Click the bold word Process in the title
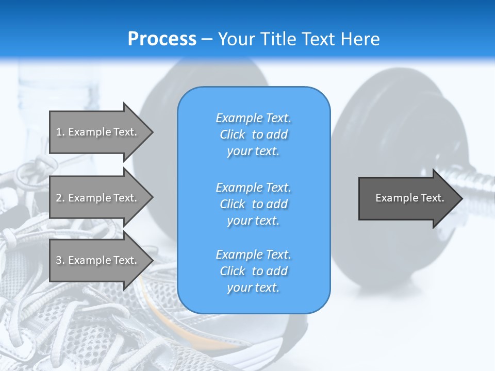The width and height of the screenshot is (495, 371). tap(162, 39)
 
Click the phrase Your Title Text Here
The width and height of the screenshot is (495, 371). tap(299, 39)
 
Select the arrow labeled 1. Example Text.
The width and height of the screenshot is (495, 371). tap(98, 132)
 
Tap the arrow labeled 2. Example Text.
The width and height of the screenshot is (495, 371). tap(98, 198)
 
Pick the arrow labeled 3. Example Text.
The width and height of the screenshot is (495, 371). tap(98, 260)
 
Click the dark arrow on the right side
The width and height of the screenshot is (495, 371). tap(407, 198)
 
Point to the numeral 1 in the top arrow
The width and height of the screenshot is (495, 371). tap(58, 132)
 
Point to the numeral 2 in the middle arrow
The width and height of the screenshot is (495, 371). tap(59, 198)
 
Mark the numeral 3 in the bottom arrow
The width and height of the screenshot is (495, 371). tap(59, 260)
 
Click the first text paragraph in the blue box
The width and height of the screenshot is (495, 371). tap(253, 134)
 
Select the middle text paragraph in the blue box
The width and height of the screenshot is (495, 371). tap(253, 204)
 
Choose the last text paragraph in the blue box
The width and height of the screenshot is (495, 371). tap(253, 271)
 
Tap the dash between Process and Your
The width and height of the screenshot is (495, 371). tap(207, 40)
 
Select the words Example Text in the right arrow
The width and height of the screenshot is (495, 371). tap(409, 198)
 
